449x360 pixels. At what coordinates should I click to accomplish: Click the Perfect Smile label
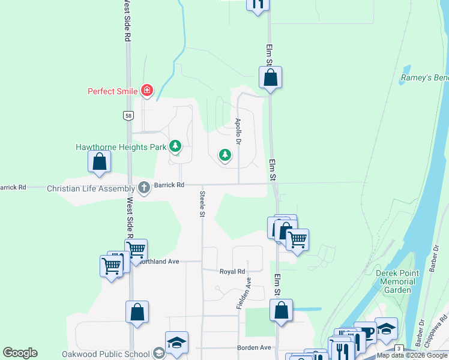coord(113,92)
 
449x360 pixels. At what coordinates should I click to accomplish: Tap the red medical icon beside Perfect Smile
coord(146,91)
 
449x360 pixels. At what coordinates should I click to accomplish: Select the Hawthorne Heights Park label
coord(121,146)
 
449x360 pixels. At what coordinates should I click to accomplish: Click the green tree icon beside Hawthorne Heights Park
coord(175,146)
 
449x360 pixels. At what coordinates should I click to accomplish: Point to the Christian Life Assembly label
coord(91,188)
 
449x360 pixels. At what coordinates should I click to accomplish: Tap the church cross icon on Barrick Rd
coord(144,188)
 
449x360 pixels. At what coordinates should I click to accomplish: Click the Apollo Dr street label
coord(238,131)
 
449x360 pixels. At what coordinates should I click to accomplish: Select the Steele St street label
coord(202,204)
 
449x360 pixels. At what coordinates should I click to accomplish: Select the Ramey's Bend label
coord(424,79)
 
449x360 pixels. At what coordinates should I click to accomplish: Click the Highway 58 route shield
coord(128,116)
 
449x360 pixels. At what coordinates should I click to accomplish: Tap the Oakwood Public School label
coord(110,352)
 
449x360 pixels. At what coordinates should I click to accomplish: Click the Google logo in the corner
coord(20,353)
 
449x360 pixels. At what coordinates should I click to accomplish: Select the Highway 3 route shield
coord(398,349)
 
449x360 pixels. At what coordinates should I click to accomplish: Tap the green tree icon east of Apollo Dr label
coord(225,155)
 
